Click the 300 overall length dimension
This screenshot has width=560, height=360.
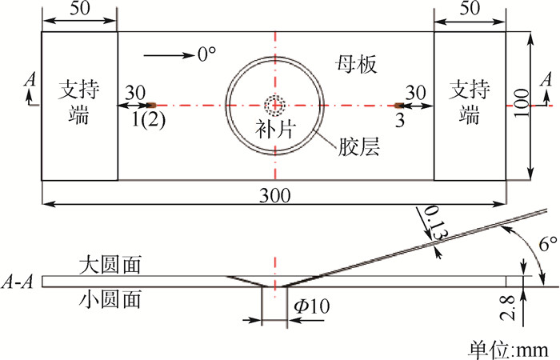[274, 196]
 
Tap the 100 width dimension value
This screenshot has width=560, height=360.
[521, 103]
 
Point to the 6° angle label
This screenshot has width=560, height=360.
[547, 244]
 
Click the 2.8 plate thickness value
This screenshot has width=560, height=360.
[508, 308]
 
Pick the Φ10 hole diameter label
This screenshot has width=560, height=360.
[311, 306]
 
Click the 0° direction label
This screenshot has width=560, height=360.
[206, 54]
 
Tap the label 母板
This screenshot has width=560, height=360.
[356, 65]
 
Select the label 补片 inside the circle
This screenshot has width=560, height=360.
[275, 129]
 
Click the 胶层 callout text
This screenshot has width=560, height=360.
[358, 146]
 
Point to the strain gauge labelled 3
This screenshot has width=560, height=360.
[399, 105]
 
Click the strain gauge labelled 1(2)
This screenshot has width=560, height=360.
[152, 105]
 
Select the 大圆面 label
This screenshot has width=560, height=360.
[110, 265]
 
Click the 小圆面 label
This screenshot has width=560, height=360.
[110, 298]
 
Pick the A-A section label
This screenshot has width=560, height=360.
[18, 282]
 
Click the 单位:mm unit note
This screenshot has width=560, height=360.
[509, 350]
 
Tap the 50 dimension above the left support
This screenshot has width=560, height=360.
[80, 8]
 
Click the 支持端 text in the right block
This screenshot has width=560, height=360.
[470, 102]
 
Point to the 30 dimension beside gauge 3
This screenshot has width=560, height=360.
[416, 93]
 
